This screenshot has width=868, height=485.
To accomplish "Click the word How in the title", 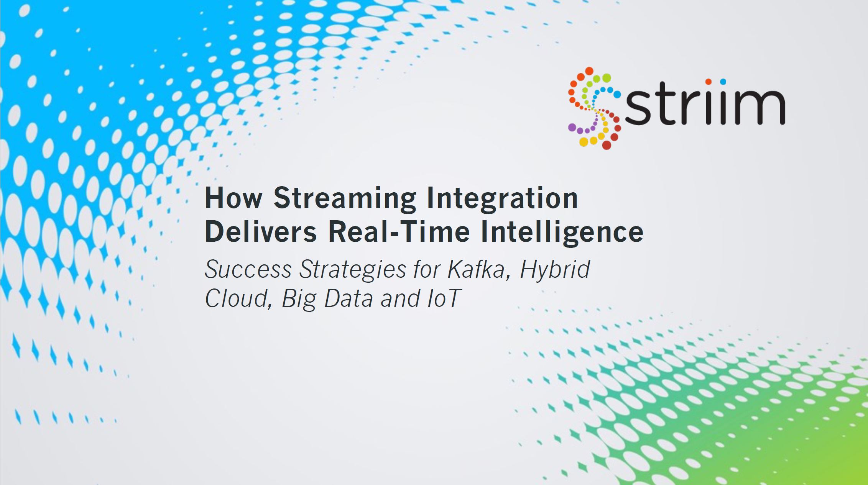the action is click(x=233, y=198).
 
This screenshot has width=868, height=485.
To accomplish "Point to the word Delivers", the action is click(x=261, y=232).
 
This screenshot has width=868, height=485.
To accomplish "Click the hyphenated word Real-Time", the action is click(x=399, y=232).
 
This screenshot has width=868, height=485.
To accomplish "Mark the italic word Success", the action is click(x=248, y=269).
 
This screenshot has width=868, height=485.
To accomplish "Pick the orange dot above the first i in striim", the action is click(x=709, y=82).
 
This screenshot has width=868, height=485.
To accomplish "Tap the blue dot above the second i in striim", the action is click(x=723, y=82).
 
